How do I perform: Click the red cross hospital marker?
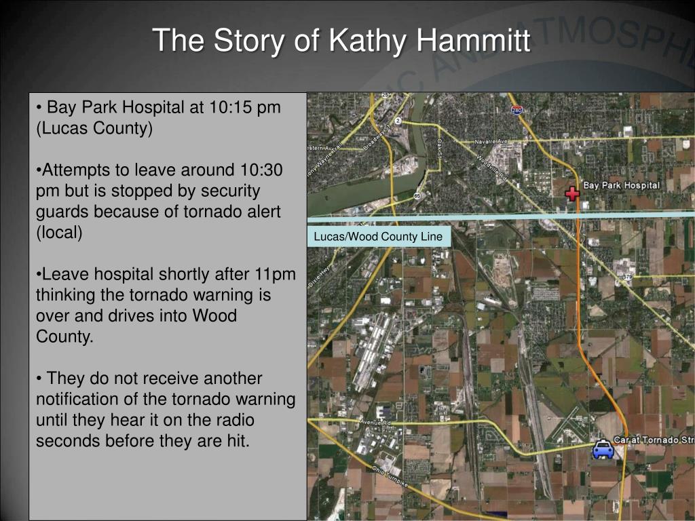573,193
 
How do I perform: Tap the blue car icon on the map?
603,450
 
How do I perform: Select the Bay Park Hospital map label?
621,185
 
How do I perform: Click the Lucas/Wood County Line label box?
378,237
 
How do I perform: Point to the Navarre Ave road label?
491,141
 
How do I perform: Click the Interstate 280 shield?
517,109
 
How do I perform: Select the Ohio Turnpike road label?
390,477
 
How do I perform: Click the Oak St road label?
439,149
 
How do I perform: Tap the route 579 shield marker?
627,277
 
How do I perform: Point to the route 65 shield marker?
417,196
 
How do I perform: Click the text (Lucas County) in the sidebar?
94,128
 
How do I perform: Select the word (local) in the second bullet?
59,233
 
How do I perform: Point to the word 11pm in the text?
275,274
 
